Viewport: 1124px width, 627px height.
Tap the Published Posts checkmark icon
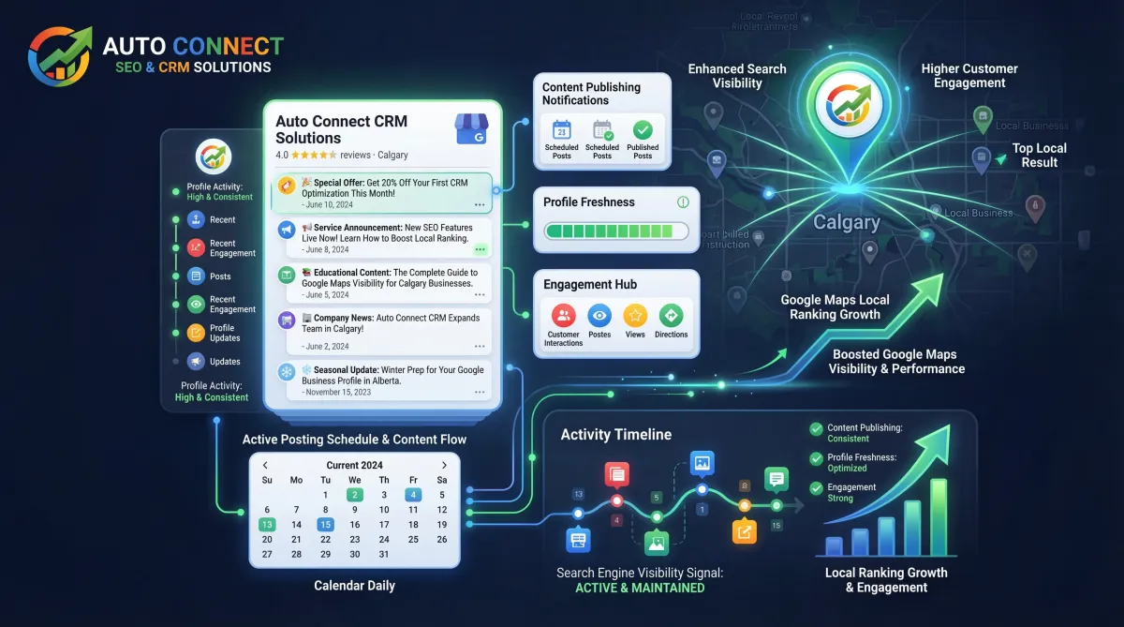point(643,130)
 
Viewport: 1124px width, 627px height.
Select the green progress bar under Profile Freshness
point(615,231)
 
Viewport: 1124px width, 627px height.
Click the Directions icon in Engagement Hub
point(671,316)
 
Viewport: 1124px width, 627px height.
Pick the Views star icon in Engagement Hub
point(635,316)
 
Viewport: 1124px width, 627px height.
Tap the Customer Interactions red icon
point(563,316)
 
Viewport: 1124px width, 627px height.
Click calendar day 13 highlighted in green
point(267,525)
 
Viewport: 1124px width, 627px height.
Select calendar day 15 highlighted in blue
point(325,525)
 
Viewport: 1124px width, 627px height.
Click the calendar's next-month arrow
point(444,465)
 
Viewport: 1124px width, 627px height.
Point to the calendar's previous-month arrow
point(266,465)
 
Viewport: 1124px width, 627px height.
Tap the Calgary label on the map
point(846,223)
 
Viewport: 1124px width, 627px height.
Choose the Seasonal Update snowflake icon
point(286,371)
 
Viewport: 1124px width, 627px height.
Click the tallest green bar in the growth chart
point(939,518)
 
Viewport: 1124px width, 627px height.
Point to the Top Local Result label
point(1039,155)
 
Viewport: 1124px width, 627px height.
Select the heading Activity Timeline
point(615,434)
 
